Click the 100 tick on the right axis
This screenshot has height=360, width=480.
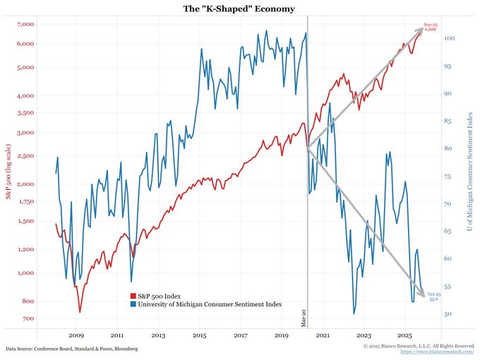[449, 39]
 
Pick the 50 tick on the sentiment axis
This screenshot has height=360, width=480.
[448, 314]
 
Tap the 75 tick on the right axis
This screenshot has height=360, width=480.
[448, 176]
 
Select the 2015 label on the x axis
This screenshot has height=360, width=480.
[200, 335]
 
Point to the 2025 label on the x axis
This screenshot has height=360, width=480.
[405, 335]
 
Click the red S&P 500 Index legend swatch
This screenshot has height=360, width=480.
[133, 296]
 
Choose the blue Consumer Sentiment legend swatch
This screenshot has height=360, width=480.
[133, 305]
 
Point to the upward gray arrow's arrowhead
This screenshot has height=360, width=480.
[421, 30]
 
